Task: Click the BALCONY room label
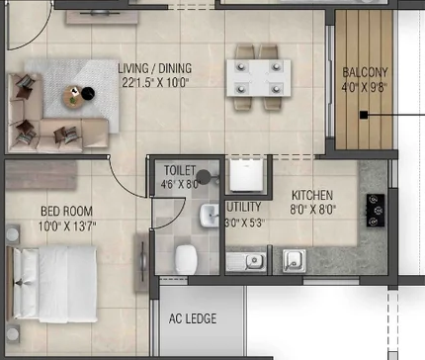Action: pos(365,72)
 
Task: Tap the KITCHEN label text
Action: pos(312,195)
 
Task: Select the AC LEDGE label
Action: pos(193,318)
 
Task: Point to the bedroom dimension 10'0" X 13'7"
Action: pos(67,226)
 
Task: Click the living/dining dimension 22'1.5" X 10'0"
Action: pos(155,82)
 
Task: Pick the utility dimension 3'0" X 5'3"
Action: pos(244,223)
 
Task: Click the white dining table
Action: pos(259,78)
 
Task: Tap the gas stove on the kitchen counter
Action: pos(376,211)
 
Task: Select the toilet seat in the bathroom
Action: pos(186,259)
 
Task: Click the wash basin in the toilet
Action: pos(210,216)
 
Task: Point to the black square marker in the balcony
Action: pos(364,115)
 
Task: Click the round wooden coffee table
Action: pos(73,96)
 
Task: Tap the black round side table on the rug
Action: pos(88,93)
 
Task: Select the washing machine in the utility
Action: pos(246,175)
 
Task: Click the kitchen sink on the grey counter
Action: pos(295,261)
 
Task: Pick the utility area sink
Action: pos(246,262)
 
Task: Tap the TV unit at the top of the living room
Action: pos(102,17)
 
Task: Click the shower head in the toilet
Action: pos(204,177)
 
